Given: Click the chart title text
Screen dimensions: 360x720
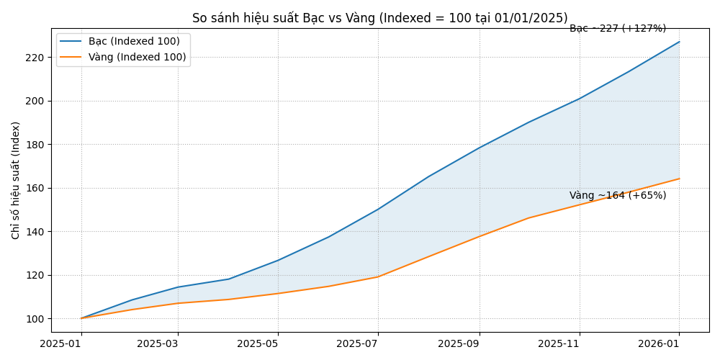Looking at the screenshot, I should click(x=379, y=18).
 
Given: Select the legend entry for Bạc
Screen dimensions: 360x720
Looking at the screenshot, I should click(x=134, y=42).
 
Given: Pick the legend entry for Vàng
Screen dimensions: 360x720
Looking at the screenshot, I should click(x=137, y=58).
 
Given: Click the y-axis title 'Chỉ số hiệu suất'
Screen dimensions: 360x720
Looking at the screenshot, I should click(x=16, y=180).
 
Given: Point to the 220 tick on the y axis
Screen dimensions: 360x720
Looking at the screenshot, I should click(x=35, y=58).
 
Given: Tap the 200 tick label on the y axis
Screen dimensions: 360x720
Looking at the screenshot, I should click(x=35, y=101).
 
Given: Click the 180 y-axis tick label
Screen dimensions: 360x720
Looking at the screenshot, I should click(x=35, y=145).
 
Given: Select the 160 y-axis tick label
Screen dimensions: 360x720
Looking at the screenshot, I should click(x=35, y=188).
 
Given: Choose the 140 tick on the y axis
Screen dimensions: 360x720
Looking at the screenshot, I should click(x=35, y=232).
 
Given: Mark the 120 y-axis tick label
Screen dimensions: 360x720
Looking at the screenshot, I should click(x=35, y=275).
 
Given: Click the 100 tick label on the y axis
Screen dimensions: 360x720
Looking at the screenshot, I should click(x=35, y=319).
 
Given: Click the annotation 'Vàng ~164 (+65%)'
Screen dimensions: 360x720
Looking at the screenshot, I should click(x=618, y=196).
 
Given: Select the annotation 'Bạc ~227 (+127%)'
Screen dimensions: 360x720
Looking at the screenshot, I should click(x=618, y=29).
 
